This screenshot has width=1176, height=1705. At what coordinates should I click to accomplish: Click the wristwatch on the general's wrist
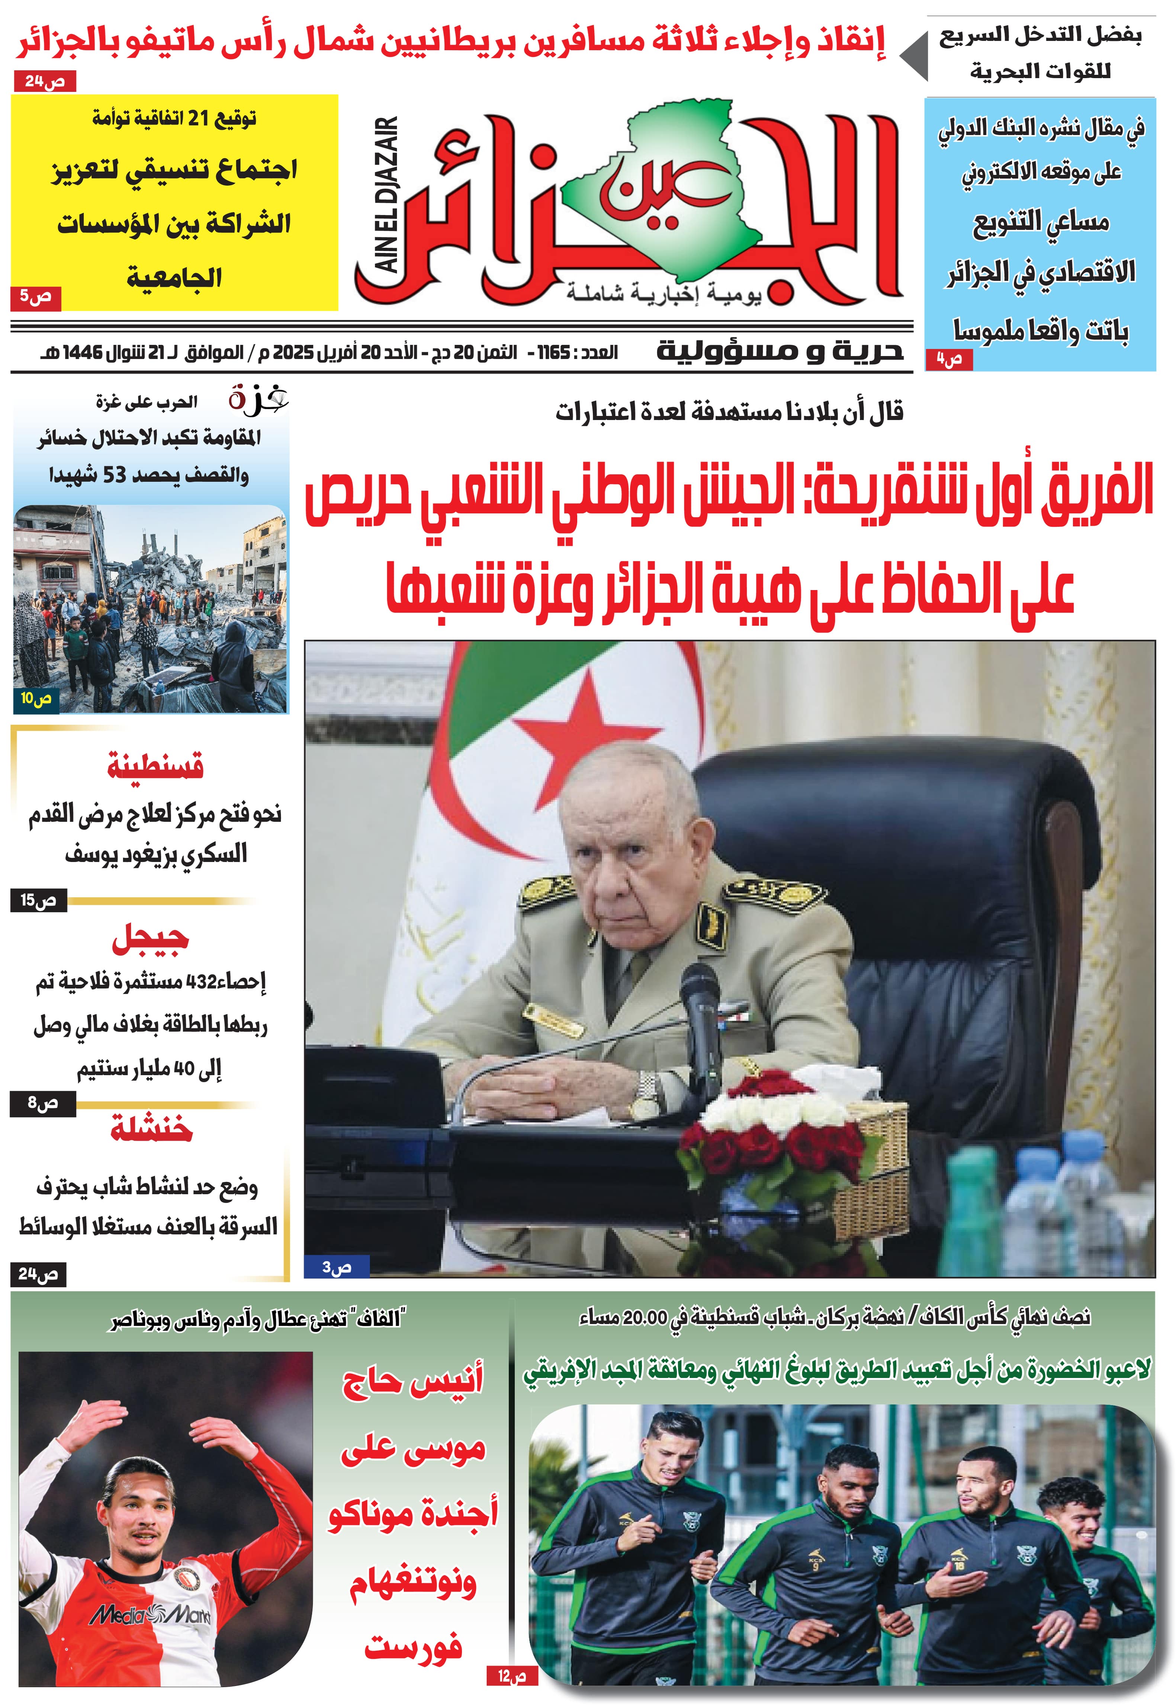[x=647, y=1097]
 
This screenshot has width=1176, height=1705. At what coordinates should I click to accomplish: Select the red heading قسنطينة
[x=155, y=767]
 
